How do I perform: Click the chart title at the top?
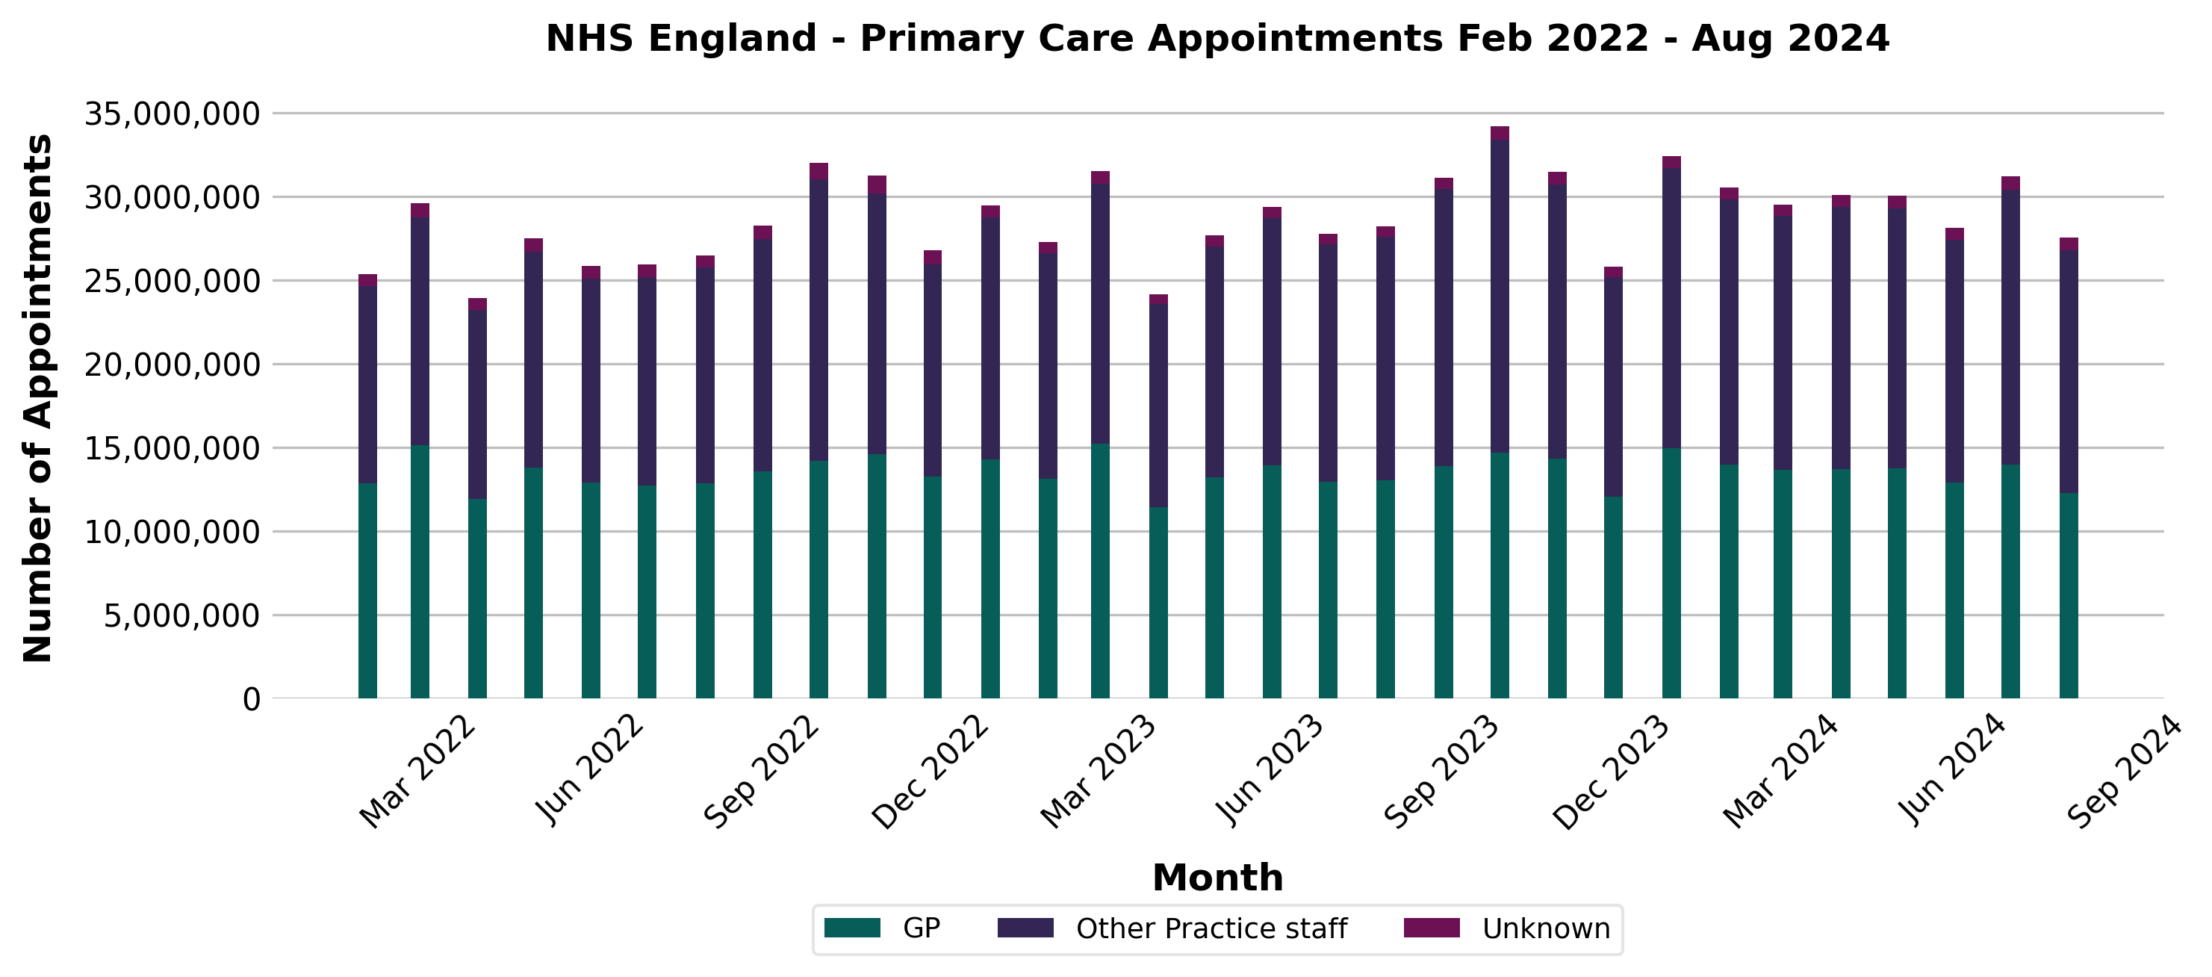(x=1217, y=40)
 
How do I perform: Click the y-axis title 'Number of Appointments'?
(x=39, y=397)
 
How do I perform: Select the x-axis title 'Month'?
(x=1217, y=878)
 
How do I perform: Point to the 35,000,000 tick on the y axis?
(x=172, y=114)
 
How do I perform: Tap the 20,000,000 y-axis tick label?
(x=172, y=365)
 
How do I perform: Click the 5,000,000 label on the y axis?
(x=182, y=615)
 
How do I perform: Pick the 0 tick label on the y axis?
(x=251, y=700)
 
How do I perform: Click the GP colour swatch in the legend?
(x=852, y=928)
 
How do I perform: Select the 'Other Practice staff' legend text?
(x=1211, y=929)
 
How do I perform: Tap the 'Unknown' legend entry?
(x=1546, y=929)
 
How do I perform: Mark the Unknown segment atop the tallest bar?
(x=1500, y=133)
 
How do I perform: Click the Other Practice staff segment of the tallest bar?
(x=1500, y=297)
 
